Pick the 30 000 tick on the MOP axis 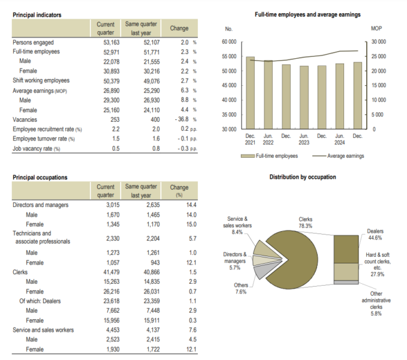click(x=379, y=42)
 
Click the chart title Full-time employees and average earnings click(x=307, y=14)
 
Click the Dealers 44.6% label click(x=375, y=234)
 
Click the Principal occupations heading click(x=40, y=178)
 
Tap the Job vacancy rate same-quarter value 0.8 click(x=140, y=148)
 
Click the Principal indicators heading click(x=37, y=14)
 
